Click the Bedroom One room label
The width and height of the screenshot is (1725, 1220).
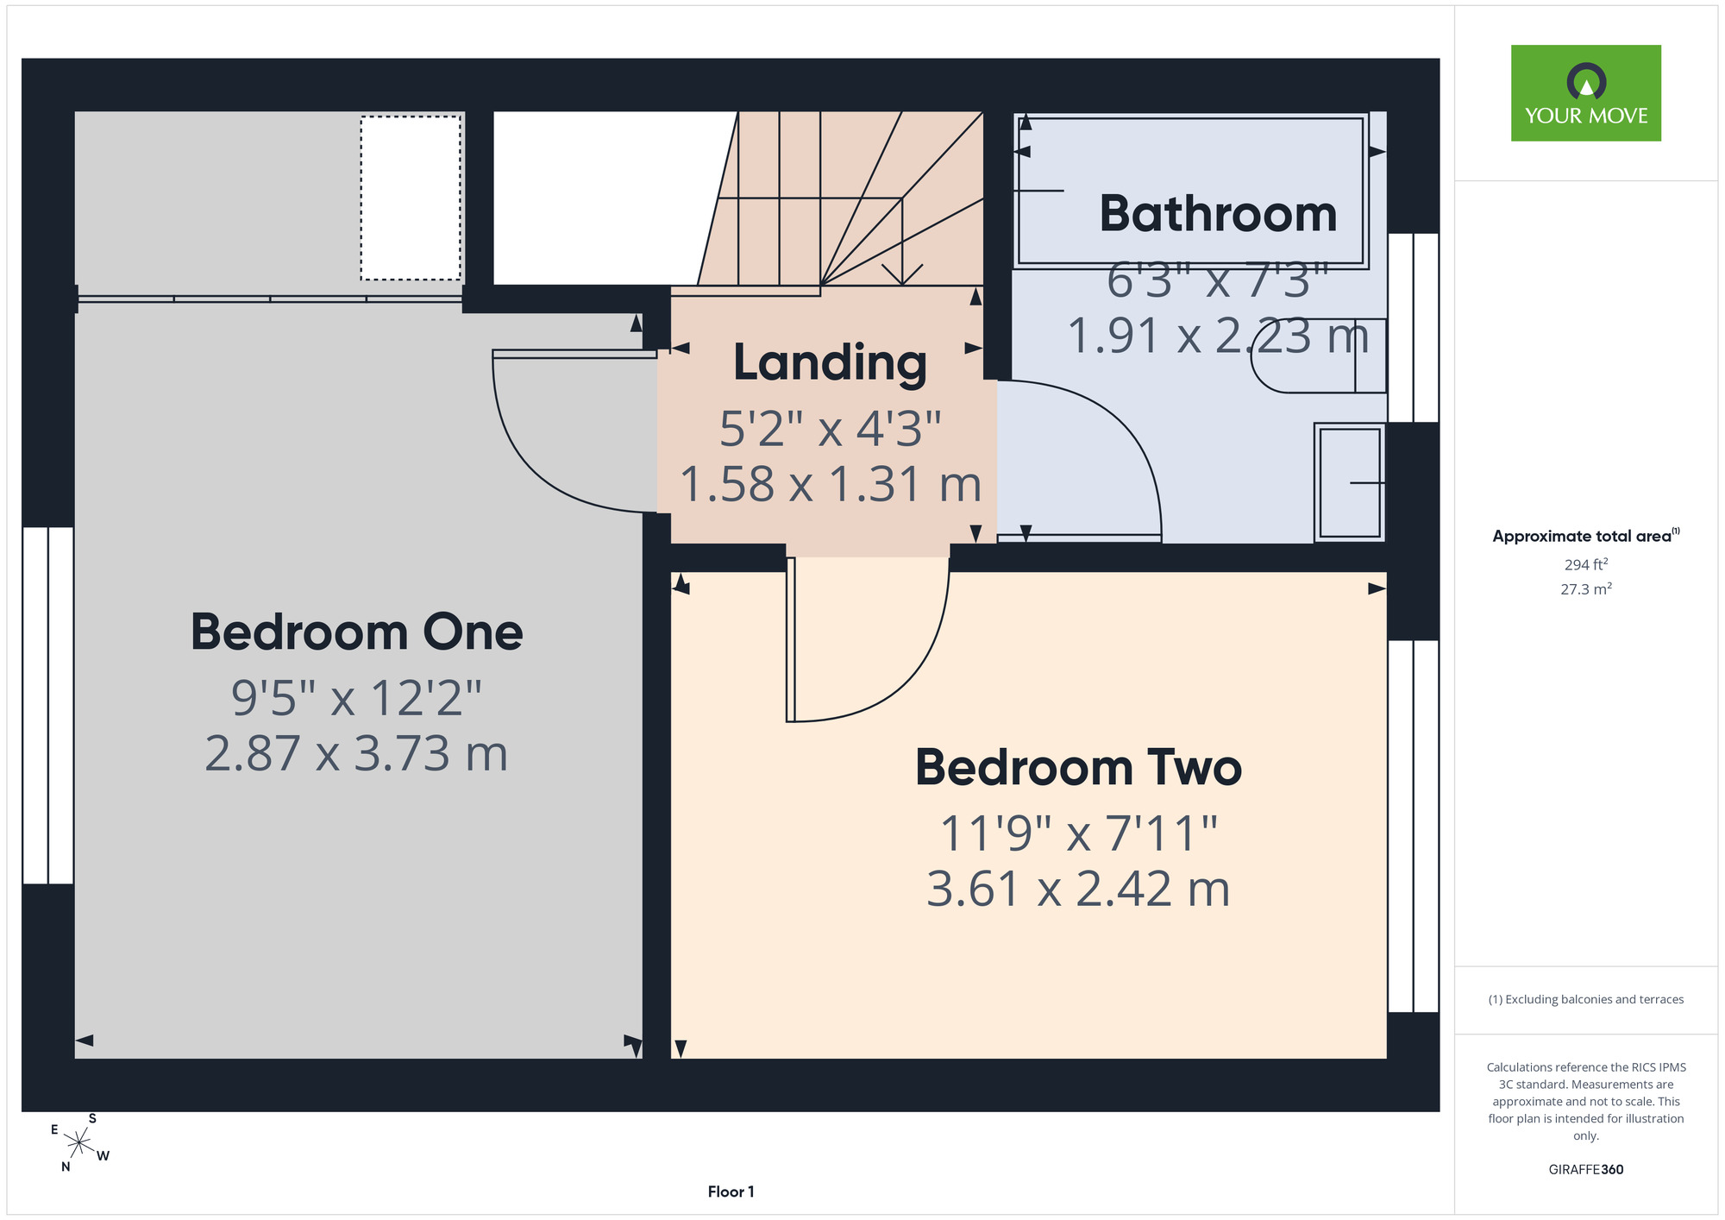(x=356, y=632)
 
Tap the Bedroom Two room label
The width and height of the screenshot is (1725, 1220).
(x=1078, y=767)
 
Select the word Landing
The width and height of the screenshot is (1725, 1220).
(x=830, y=362)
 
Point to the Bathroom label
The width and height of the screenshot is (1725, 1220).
(x=1218, y=213)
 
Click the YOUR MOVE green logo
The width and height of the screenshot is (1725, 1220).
(x=1585, y=93)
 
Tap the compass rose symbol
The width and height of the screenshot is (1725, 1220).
(x=78, y=1144)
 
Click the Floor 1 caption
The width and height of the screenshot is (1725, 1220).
(x=731, y=1192)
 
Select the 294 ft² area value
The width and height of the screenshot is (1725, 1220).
(x=1586, y=564)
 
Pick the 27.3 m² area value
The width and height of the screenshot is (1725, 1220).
(x=1586, y=589)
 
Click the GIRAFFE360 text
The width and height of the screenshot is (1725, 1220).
(x=1585, y=1170)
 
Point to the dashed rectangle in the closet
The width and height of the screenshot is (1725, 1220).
(x=411, y=198)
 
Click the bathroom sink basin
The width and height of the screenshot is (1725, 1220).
(x=1349, y=482)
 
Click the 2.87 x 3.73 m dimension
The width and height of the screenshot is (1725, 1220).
(x=356, y=753)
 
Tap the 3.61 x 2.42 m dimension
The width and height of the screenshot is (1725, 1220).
(x=1078, y=889)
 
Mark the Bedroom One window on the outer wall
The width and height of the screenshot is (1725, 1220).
(x=47, y=706)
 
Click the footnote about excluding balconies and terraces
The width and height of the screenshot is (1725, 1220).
(x=1585, y=999)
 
